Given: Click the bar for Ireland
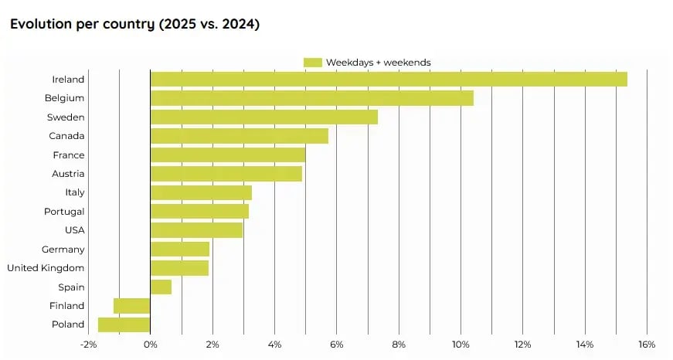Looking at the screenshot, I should (x=389, y=79).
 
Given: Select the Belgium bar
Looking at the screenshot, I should (x=311, y=98).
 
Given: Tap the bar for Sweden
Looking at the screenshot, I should (x=263, y=117).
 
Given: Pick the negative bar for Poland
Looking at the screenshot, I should (x=124, y=324).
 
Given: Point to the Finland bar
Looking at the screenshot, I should (x=131, y=306).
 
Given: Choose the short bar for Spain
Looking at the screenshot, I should (x=161, y=287).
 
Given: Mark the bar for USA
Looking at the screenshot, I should (x=196, y=230).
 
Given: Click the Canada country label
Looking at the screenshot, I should (x=66, y=136).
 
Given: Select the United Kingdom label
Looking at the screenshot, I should (x=46, y=268).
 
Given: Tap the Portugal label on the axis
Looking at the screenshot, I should (x=64, y=212).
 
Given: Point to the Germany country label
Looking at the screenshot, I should (x=63, y=250).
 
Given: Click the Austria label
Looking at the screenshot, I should (x=68, y=174).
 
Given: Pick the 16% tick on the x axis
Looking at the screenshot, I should (x=646, y=344).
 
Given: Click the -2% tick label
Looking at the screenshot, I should (x=88, y=344).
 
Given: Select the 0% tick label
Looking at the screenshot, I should (x=151, y=344).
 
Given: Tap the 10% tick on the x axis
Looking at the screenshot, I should (x=461, y=344).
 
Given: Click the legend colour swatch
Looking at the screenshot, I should (x=312, y=62).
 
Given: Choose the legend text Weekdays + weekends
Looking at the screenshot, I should (x=378, y=62).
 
